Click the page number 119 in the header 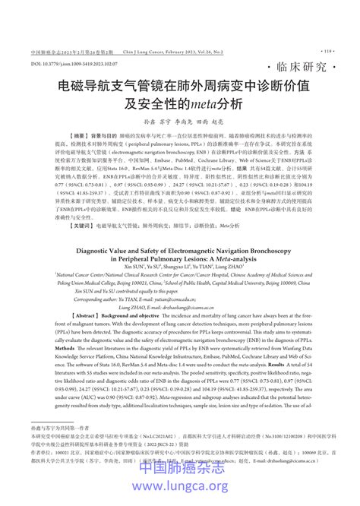click(x=327, y=52)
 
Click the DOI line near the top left click(x=72, y=65)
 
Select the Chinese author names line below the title click(x=180, y=122)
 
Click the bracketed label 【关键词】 click(x=60, y=226)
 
